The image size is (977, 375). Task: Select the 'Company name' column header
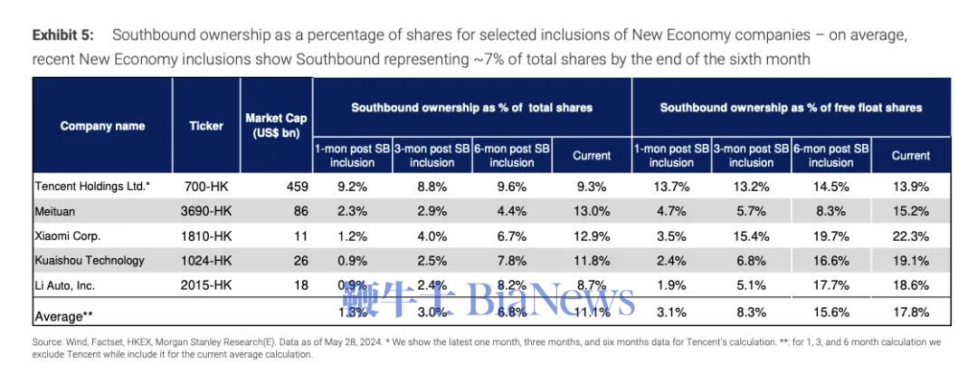pyautogui.click(x=102, y=126)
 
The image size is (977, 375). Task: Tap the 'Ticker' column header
pyautogui.click(x=206, y=126)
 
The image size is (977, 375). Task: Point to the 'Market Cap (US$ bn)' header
pyautogui.click(x=276, y=126)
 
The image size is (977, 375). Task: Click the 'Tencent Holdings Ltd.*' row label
pyautogui.click(x=92, y=186)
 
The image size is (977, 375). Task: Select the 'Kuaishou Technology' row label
pyautogui.click(x=90, y=261)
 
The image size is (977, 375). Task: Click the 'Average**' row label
pyautogui.click(x=65, y=317)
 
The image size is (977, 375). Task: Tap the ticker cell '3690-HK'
pyautogui.click(x=206, y=211)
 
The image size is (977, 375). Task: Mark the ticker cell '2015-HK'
pyautogui.click(x=206, y=286)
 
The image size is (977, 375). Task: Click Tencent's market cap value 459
pyautogui.click(x=297, y=187)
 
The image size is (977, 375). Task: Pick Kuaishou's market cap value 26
pyautogui.click(x=301, y=261)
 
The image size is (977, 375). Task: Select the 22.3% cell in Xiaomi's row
pyautogui.click(x=910, y=236)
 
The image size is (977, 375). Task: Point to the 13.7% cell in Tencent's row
pyautogui.click(x=671, y=187)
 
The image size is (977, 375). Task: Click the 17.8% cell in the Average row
pyautogui.click(x=910, y=312)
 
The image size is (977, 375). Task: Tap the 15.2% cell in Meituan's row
pyautogui.click(x=910, y=211)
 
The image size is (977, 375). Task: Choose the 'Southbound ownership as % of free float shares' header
pyautogui.click(x=791, y=107)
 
